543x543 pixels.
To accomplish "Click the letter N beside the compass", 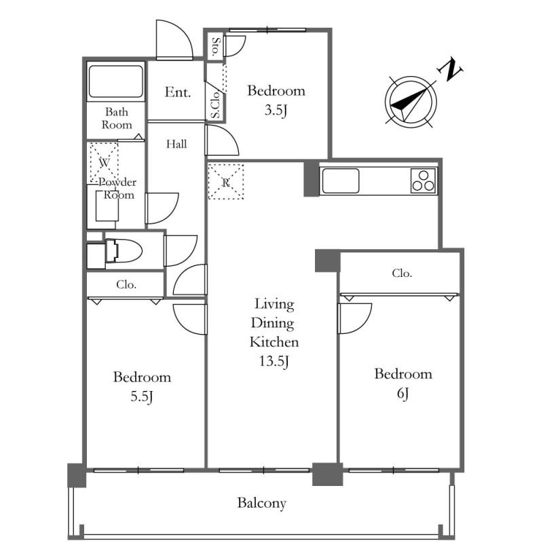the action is [x=451, y=70].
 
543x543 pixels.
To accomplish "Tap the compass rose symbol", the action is [x=411, y=102].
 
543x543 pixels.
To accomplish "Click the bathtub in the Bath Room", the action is [x=115, y=81].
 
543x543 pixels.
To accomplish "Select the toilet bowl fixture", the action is [x=124, y=250].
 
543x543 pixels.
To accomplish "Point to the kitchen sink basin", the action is [x=341, y=181].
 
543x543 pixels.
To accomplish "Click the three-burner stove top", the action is [x=424, y=181].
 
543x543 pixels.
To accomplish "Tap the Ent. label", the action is [x=178, y=92].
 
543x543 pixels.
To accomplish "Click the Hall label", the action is [x=176, y=144].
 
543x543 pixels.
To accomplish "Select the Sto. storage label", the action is [x=216, y=47].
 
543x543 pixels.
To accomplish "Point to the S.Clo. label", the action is [x=215, y=105].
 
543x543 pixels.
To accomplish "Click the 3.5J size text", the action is [x=276, y=110].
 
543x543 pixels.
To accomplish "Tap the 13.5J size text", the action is [x=274, y=362].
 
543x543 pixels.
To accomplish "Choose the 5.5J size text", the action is [x=142, y=396].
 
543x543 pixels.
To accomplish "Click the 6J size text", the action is [x=402, y=394].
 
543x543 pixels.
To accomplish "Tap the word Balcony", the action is [x=262, y=503].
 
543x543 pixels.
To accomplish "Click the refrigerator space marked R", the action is [x=226, y=182].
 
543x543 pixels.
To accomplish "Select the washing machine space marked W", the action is [x=105, y=162].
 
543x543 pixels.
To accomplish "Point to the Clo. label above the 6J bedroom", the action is [x=402, y=274].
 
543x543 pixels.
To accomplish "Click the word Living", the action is [x=274, y=304].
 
